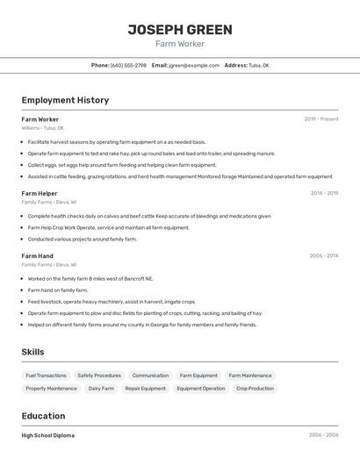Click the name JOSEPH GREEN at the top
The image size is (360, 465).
pyautogui.click(x=180, y=30)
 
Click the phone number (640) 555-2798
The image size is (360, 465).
pyautogui.click(x=128, y=65)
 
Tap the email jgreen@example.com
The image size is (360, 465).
pyautogui.click(x=194, y=65)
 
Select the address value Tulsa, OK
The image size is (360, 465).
pyautogui.click(x=259, y=65)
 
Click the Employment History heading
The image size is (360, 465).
pyautogui.click(x=65, y=100)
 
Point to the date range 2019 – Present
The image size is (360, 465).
pyautogui.click(x=320, y=118)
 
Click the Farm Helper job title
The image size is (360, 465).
pyautogui.click(x=40, y=193)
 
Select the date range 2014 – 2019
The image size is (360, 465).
pyautogui.click(x=324, y=193)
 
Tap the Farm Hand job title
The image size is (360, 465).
pyautogui.click(x=38, y=255)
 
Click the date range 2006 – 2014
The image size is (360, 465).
pyautogui.click(x=323, y=255)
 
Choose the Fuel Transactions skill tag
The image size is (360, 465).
pyautogui.click(x=46, y=376)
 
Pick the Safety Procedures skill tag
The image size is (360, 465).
pyautogui.click(x=99, y=376)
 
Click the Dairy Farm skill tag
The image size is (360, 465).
pyautogui.click(x=101, y=388)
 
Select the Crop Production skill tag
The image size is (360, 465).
pyautogui.click(x=255, y=388)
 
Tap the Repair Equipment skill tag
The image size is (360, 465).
pyautogui.click(x=145, y=388)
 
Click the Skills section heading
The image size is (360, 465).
pyautogui.click(x=33, y=352)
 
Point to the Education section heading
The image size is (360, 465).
pyautogui.click(x=43, y=416)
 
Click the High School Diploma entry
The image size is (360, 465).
pyautogui.click(x=48, y=435)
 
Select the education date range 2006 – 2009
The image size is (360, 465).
pyautogui.click(x=323, y=435)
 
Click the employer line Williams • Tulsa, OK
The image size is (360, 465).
pyautogui.click(x=43, y=127)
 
